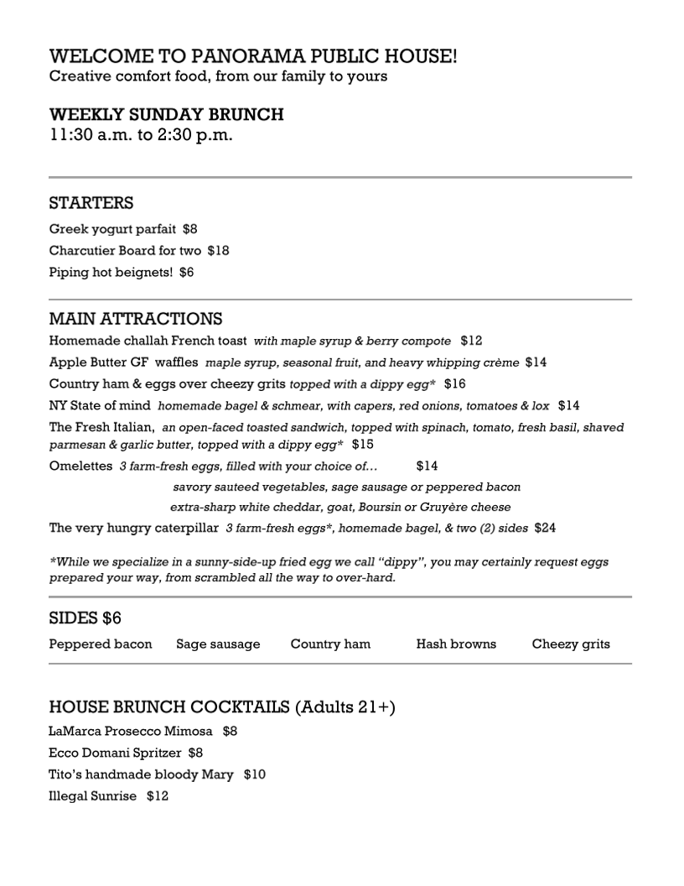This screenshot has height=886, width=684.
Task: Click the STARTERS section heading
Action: point(91,203)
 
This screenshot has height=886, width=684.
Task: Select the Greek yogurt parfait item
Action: point(112,228)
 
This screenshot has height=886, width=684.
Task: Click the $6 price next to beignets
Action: point(186,272)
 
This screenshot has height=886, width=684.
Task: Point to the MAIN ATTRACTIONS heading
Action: point(136,319)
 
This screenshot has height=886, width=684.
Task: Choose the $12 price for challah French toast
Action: point(471,341)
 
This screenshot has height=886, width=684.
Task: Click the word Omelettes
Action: point(80,466)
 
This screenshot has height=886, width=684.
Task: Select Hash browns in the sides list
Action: point(456,644)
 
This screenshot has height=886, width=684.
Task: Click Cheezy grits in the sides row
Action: point(571,644)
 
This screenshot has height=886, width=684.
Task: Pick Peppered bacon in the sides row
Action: point(101,644)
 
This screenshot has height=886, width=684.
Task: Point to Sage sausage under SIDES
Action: point(218,644)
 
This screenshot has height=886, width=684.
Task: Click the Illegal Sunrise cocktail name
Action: point(92,795)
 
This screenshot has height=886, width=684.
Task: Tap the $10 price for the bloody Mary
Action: point(255,774)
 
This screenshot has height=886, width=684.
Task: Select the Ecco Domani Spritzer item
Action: point(113,753)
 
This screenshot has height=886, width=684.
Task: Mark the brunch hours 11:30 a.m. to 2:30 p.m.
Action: point(141,134)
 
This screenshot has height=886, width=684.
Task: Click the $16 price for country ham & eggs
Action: point(455,383)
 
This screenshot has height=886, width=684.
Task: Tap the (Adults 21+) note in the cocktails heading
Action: point(345,706)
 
